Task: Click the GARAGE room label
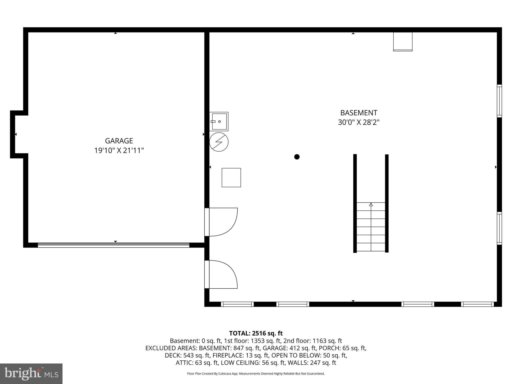point(119,141)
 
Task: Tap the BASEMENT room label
point(358,113)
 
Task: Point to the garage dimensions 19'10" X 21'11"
point(119,150)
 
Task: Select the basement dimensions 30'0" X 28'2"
point(358,122)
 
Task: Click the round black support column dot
point(297,157)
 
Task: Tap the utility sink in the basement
point(219,121)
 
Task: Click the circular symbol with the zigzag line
point(219,142)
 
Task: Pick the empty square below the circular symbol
point(231,177)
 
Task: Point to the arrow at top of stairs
point(371,204)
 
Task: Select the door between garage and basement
point(221,222)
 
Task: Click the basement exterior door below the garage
point(221,274)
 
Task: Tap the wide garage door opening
point(113,245)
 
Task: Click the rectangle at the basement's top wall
point(402,41)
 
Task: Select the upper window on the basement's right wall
point(499,101)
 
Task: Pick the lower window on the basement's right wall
point(499,228)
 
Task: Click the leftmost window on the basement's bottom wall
point(237,304)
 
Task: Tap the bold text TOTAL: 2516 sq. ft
point(256,333)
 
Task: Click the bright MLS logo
point(31,373)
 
